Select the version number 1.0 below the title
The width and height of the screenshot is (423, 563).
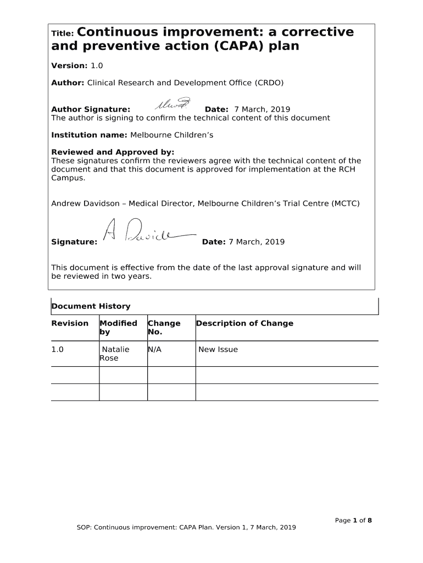click(x=97, y=65)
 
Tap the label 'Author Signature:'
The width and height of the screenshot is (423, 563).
click(x=91, y=109)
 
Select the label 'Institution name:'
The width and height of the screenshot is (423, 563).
click(x=89, y=135)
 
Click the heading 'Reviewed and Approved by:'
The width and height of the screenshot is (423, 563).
click(x=113, y=152)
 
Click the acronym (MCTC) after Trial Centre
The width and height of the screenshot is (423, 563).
click(x=346, y=203)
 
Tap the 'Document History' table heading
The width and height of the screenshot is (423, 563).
click(x=91, y=306)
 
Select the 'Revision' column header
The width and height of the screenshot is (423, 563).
click(x=70, y=323)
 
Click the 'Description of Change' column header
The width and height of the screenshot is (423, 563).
click(x=244, y=323)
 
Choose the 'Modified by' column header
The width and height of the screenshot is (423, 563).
click(x=118, y=328)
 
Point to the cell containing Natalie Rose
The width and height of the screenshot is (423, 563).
click(x=115, y=354)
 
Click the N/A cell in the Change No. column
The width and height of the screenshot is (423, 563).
click(x=154, y=349)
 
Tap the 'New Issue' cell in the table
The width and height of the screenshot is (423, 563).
click(x=218, y=349)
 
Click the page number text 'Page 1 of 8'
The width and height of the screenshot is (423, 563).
click(x=354, y=520)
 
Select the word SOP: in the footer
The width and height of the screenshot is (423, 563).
click(x=84, y=528)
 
